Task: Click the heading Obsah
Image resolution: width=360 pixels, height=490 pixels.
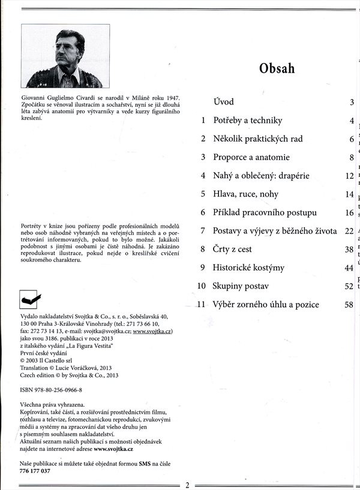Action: (x=277, y=68)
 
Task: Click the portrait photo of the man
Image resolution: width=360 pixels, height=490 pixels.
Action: (x=65, y=56)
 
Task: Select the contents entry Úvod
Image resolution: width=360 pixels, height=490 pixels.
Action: (x=224, y=102)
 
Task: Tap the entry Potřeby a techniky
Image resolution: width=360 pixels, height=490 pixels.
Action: (x=247, y=121)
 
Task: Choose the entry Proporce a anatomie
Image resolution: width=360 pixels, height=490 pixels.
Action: (x=251, y=157)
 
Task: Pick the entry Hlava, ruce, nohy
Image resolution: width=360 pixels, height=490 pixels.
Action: (x=246, y=194)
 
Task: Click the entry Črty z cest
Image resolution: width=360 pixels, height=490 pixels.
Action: (x=232, y=249)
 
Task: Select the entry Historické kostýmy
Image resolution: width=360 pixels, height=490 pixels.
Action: (x=248, y=267)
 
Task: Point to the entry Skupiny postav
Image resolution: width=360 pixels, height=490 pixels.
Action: (x=241, y=286)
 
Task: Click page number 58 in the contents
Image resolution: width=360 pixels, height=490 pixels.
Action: (x=349, y=305)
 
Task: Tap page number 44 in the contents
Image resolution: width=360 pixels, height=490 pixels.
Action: (x=349, y=268)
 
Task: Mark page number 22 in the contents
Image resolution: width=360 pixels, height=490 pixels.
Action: (x=349, y=231)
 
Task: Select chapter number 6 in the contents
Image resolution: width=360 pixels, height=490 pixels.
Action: (x=203, y=212)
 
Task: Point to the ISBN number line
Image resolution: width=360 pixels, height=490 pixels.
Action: (x=51, y=390)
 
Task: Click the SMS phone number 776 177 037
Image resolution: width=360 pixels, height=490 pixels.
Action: (x=35, y=471)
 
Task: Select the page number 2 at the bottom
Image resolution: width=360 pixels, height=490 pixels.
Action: (x=187, y=485)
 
